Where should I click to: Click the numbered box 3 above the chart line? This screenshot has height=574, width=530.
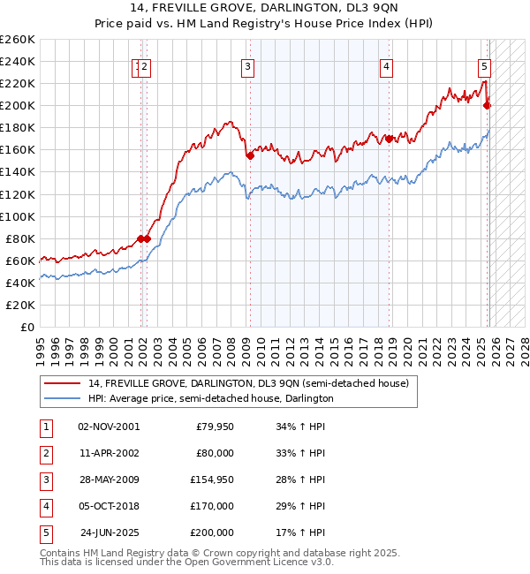click(248, 66)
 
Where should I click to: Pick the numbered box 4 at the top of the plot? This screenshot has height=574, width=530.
click(387, 66)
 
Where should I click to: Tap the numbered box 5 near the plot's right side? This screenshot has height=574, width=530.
click(485, 66)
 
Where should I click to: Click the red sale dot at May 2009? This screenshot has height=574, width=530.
click(250, 155)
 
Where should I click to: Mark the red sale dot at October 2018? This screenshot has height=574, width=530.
click(389, 139)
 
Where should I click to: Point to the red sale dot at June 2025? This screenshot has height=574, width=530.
click(487, 105)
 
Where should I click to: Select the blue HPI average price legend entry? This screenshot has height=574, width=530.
click(210, 399)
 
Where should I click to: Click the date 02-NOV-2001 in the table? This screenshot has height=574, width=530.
click(109, 427)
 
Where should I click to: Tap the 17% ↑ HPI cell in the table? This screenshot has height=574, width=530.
click(299, 532)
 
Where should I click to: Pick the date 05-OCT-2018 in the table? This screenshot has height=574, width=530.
click(109, 506)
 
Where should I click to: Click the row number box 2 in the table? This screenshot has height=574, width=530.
click(44, 453)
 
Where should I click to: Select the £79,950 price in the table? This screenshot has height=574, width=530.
click(213, 427)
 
